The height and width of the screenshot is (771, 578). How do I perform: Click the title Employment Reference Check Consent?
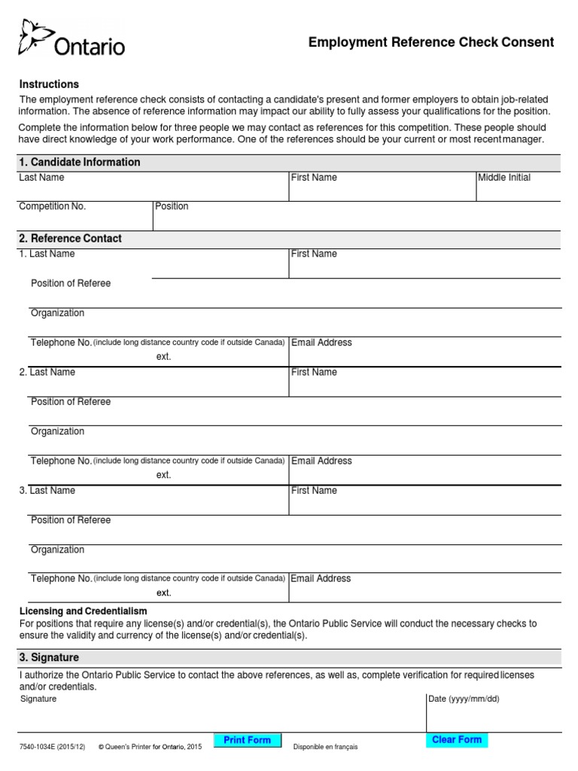pos(430,42)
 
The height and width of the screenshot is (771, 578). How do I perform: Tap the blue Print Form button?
pos(247,740)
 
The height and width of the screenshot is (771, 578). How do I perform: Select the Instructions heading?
pos(49,84)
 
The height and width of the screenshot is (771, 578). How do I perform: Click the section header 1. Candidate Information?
pos(80,162)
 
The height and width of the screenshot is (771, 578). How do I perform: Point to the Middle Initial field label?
pos(503,178)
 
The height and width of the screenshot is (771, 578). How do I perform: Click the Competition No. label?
pos(53,206)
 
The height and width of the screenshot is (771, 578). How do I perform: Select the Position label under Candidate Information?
pos(172,206)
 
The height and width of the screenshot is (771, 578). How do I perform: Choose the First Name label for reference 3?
pos(314,490)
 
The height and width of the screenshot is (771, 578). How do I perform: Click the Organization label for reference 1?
pos(57,313)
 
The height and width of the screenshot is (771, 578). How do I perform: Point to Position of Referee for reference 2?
pos(71,402)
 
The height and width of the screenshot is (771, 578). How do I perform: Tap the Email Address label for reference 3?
pos(321,578)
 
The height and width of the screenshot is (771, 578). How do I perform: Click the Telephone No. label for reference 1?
pos(61,343)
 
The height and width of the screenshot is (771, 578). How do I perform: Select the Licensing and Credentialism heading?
pos(83,611)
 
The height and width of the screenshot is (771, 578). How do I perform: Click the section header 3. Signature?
pos(49,657)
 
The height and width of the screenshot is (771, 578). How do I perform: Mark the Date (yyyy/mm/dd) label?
pos(463,699)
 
